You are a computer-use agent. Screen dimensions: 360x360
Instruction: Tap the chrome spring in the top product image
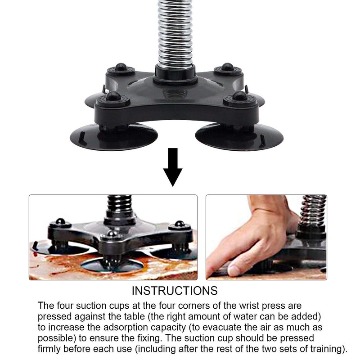[x=175, y=31]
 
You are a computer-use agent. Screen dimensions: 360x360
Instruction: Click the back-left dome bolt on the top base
[x=121, y=67]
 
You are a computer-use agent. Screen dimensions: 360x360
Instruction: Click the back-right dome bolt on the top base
[x=227, y=67]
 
